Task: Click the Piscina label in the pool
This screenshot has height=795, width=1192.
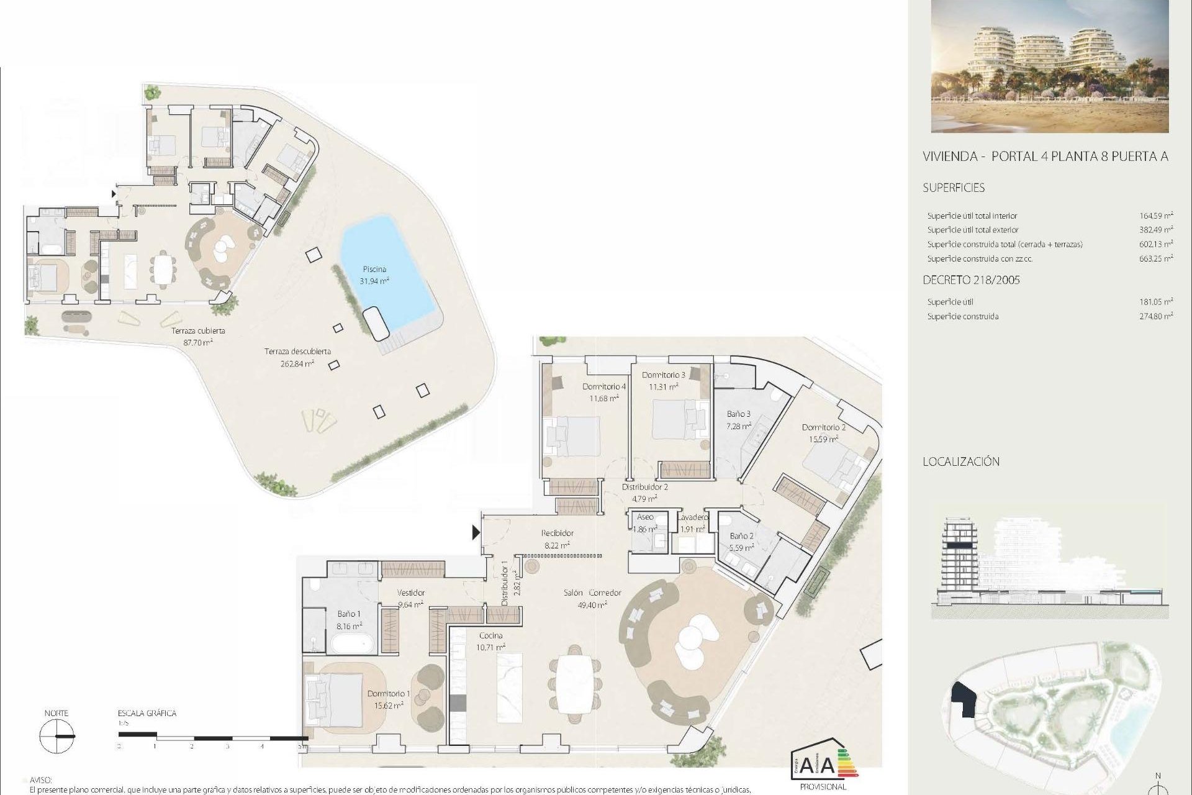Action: click(x=374, y=269)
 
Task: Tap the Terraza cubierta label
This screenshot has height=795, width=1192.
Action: click(x=198, y=330)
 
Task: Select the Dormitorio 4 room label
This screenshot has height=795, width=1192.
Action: click(x=603, y=386)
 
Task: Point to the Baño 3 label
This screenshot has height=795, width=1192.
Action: click(x=739, y=414)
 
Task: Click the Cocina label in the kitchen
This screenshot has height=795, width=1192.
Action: click(x=490, y=635)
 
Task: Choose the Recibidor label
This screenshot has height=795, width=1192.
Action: click(x=557, y=533)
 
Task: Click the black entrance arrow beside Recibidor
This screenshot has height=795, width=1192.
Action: click(x=476, y=532)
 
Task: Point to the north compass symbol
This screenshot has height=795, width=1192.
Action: click(x=56, y=737)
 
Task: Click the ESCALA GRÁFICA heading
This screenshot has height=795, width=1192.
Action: click(x=147, y=713)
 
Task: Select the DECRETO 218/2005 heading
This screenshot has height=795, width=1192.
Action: click(x=971, y=280)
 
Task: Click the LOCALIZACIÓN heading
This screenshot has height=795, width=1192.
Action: click(x=961, y=461)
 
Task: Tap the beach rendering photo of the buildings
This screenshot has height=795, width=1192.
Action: click(x=1050, y=66)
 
